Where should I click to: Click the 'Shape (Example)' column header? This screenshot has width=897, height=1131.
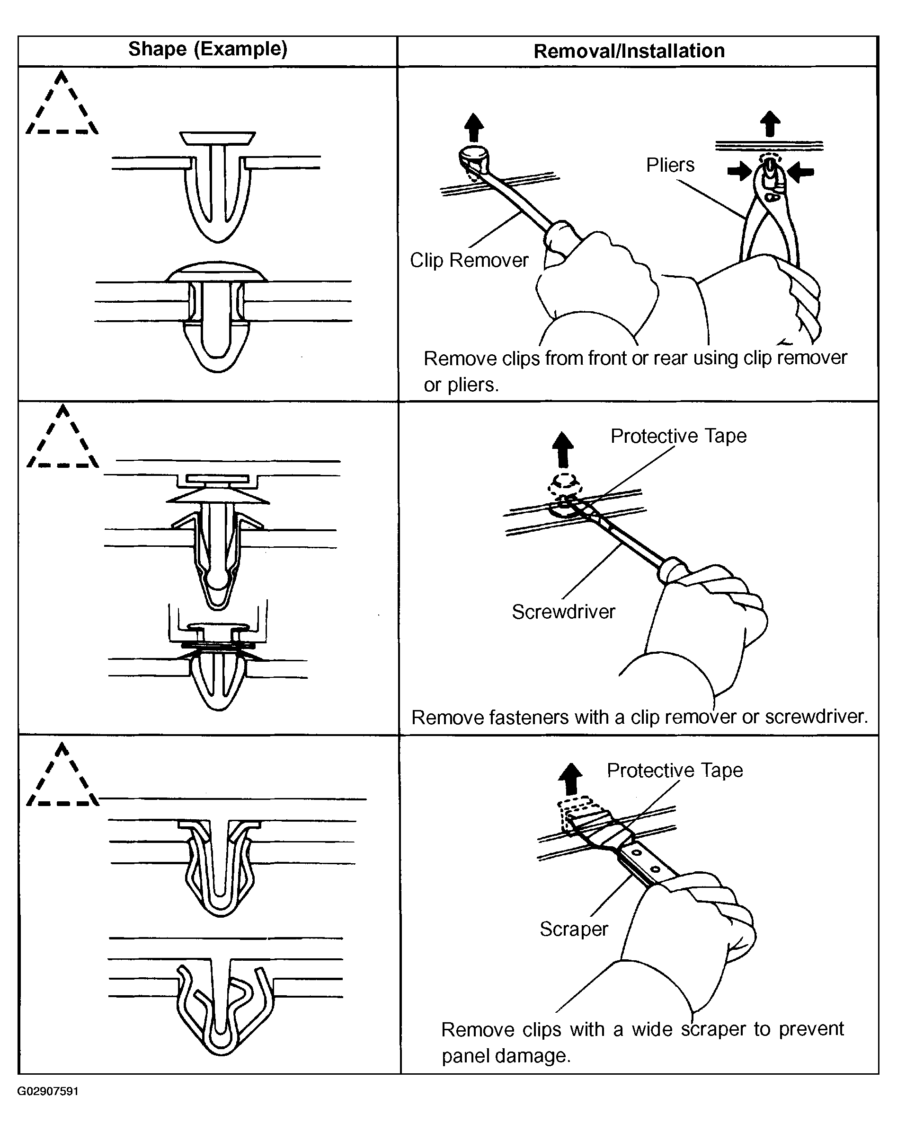click(x=207, y=49)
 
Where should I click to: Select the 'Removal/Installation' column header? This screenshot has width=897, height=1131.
click(x=629, y=51)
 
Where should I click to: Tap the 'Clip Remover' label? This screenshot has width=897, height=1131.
click(x=469, y=260)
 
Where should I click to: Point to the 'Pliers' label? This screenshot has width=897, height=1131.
click(x=670, y=165)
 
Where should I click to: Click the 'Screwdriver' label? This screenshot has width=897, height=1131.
click(x=563, y=612)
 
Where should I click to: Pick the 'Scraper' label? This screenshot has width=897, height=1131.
click(x=573, y=929)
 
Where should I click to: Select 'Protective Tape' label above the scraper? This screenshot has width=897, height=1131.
click(x=675, y=770)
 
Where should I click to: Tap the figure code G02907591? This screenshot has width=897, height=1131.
click(x=48, y=1091)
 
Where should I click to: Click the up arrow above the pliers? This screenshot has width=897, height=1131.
click(x=770, y=124)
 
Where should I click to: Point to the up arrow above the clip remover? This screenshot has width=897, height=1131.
click(x=474, y=127)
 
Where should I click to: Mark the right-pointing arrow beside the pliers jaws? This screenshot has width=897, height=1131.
click(x=739, y=171)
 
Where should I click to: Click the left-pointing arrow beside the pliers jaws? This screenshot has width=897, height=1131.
click(x=801, y=172)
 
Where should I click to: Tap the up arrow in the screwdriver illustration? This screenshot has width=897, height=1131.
click(x=563, y=449)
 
